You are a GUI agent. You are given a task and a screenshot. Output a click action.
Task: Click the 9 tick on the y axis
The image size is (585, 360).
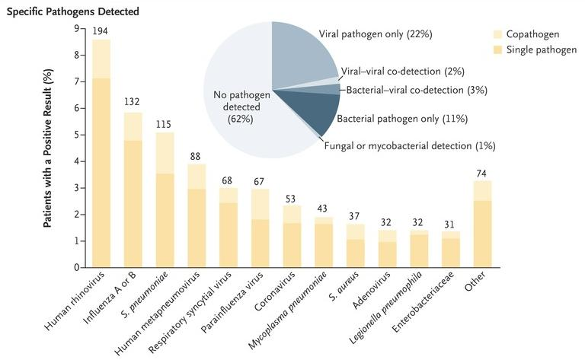click(x=76, y=29)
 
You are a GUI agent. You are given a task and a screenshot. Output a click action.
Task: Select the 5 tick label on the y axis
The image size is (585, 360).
click(x=76, y=135)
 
